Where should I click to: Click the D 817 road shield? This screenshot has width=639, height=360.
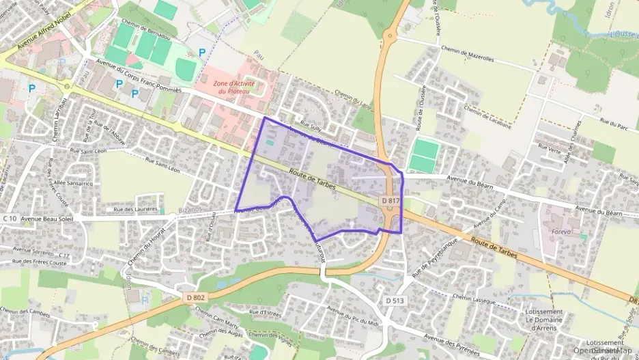click(390, 201)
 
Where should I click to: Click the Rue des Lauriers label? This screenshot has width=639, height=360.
click(136, 209)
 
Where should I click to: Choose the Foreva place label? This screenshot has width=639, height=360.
click(560, 232)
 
